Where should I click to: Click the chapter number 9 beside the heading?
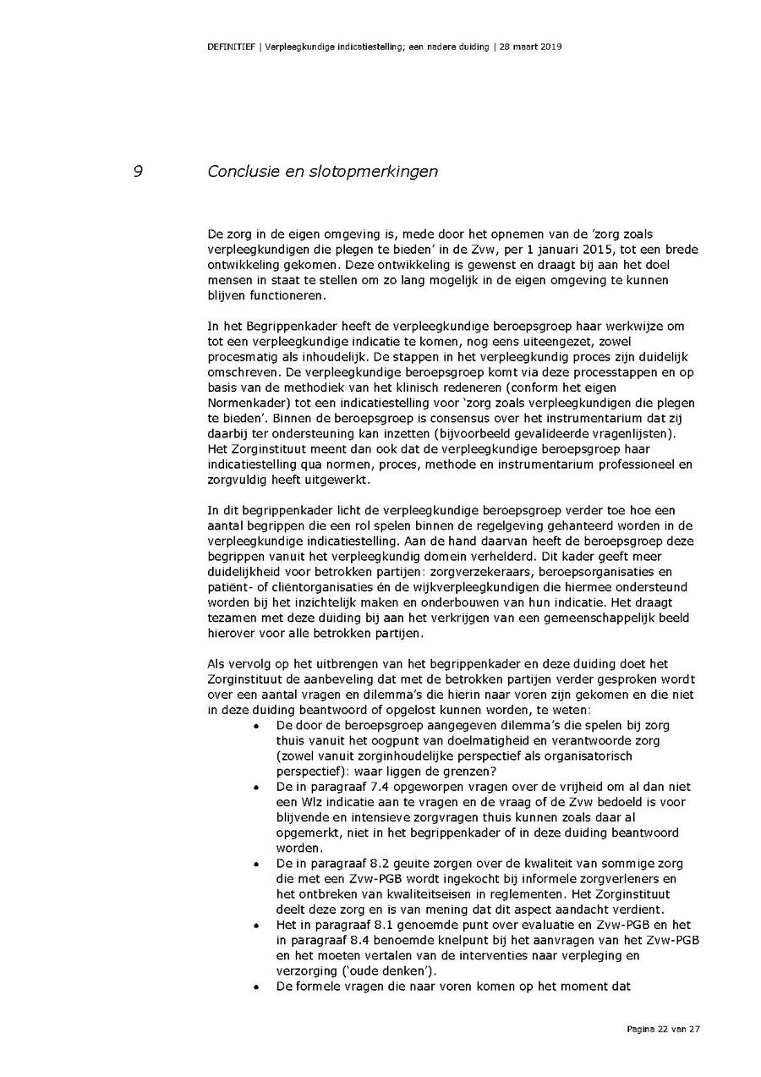[x=137, y=172]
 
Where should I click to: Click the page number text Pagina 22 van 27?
[x=664, y=1029]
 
